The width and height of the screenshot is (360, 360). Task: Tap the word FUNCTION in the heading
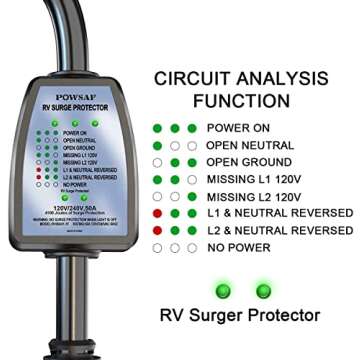click(257, 100)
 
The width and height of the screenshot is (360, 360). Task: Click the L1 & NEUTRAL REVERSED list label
click(279, 213)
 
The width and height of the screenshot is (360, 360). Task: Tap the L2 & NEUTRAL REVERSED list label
click(279, 230)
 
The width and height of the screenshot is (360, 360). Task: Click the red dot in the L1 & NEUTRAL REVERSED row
click(157, 213)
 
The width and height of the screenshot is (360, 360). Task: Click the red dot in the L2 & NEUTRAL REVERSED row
click(157, 230)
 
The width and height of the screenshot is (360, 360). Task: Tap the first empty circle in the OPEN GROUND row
click(157, 162)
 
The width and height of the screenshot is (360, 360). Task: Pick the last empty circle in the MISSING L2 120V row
click(191, 196)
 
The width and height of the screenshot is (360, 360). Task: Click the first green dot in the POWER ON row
click(157, 128)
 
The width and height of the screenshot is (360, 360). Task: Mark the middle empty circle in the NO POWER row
click(174, 247)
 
